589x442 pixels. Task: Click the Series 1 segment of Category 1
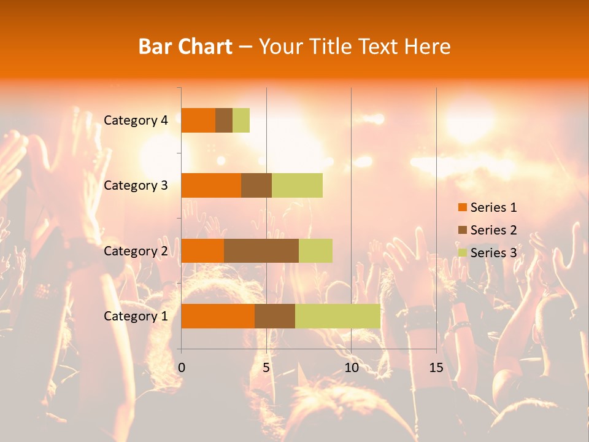point(218,316)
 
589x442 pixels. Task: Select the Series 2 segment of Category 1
point(275,316)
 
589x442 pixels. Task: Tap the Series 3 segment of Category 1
point(337,316)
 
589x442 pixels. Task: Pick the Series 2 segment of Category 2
point(261,250)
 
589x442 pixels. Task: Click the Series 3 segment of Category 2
point(315,250)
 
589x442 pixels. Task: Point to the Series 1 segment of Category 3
point(211,185)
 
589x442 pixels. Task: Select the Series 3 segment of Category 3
point(297,185)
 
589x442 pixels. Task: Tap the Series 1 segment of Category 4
point(198,120)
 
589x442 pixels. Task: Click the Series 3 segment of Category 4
point(241,120)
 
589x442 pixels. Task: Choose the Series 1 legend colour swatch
point(463,207)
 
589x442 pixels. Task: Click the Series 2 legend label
point(493,230)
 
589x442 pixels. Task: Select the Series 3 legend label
point(493,253)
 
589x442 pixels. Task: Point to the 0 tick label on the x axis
point(182,368)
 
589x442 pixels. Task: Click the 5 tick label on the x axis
point(266,368)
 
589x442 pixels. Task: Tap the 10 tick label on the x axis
point(351,368)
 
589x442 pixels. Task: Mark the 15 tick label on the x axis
point(436,368)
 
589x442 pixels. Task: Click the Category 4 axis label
point(136,120)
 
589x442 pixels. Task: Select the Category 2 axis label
point(136,250)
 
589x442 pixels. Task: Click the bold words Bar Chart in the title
point(185,46)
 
